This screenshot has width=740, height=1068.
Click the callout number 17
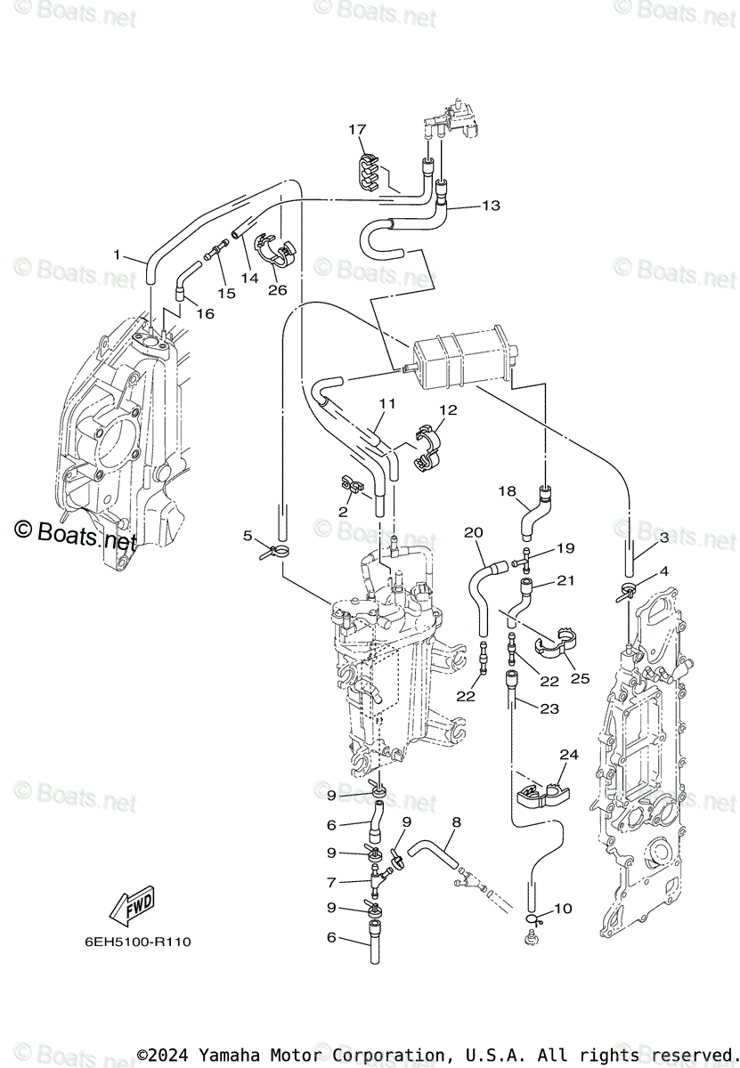[357, 130]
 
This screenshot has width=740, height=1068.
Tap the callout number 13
[491, 206]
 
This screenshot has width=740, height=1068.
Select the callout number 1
[117, 255]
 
